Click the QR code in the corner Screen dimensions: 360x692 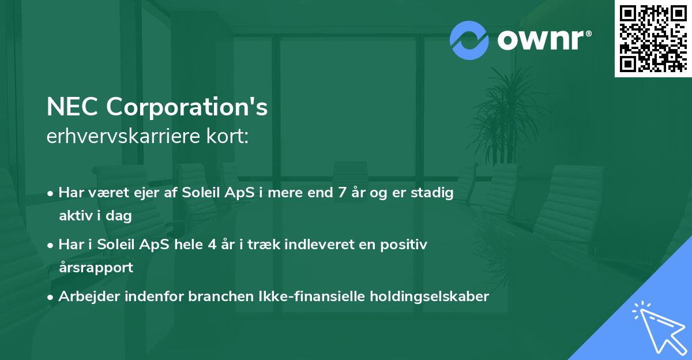tap(653, 39)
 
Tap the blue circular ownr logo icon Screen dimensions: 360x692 tap(469, 40)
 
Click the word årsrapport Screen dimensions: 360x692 tap(96, 267)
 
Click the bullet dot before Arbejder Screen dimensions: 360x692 tap(51, 297)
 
